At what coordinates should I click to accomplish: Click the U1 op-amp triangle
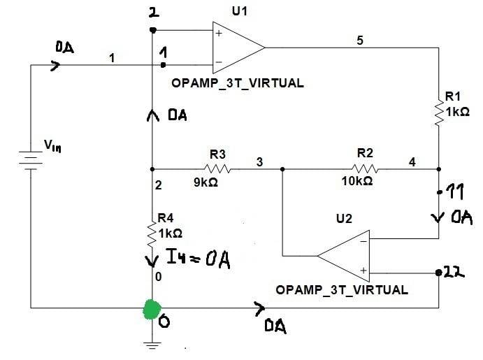[238, 48]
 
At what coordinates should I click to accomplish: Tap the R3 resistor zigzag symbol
[217, 168]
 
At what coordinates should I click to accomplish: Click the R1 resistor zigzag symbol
[439, 113]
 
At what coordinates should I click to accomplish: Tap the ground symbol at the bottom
[152, 343]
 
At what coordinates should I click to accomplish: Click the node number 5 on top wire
[360, 41]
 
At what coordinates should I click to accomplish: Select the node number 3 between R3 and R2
[259, 162]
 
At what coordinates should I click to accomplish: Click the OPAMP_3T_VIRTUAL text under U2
[342, 289]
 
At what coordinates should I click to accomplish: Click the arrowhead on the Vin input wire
[56, 66]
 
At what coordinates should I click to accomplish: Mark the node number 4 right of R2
[412, 162]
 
